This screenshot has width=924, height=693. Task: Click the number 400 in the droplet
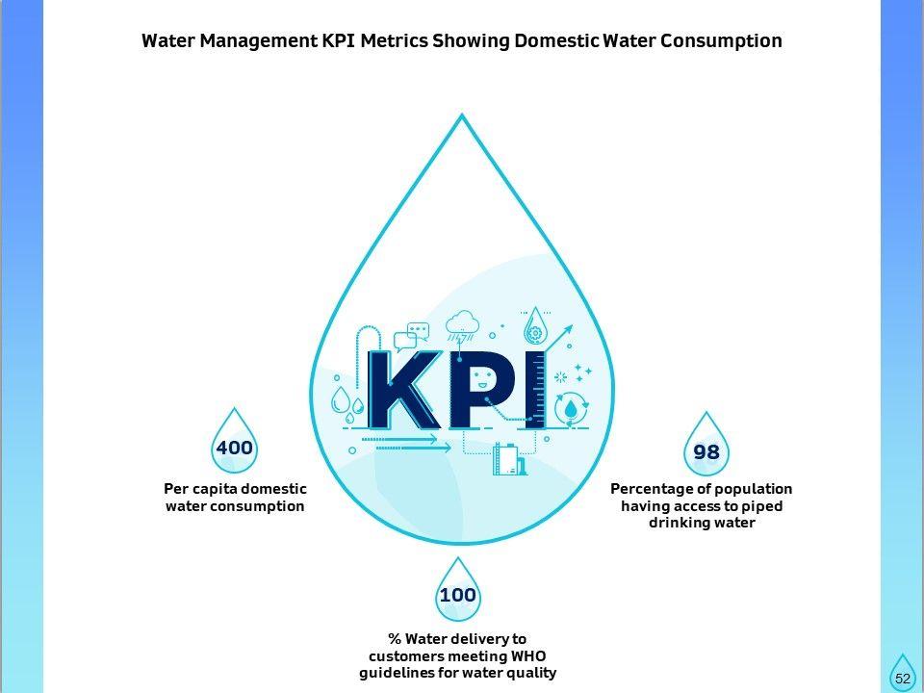(234, 448)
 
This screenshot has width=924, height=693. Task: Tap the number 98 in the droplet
(706, 452)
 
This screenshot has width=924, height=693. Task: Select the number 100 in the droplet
(457, 596)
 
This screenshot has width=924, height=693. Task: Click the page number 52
(903, 678)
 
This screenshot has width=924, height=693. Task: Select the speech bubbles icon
(416, 334)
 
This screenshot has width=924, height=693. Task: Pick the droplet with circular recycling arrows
(572, 408)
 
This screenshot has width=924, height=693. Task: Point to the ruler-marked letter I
(534, 390)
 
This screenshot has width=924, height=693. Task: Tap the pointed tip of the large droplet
(462, 116)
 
